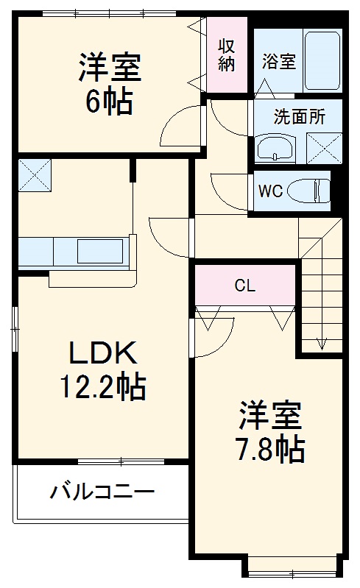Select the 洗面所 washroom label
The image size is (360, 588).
[x=297, y=116]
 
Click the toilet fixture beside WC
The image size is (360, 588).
[x=308, y=191]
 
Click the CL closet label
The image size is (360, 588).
[x=245, y=286]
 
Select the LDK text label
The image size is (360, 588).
[x=102, y=353]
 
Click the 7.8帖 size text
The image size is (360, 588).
[x=270, y=449]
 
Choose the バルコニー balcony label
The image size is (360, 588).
[x=102, y=491]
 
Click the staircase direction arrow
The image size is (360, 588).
[x=321, y=341]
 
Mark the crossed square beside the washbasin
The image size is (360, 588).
[x=322, y=147]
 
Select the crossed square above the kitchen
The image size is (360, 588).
[x=33, y=174]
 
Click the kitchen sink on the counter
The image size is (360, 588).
[x=100, y=252]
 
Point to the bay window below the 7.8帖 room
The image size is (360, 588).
[x=292, y=568]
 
